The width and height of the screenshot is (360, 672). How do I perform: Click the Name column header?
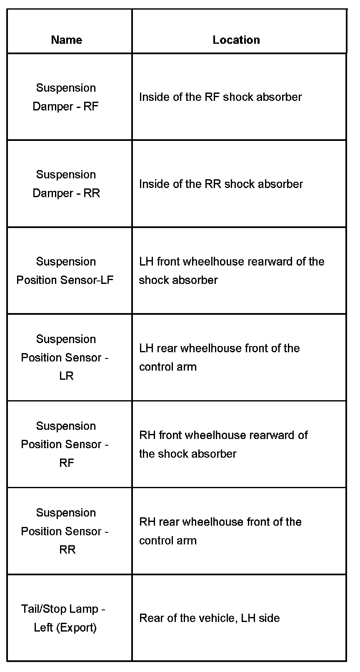(67, 40)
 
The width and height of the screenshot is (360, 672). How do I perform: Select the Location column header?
(236, 40)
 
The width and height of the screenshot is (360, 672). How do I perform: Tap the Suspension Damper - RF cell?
(66, 97)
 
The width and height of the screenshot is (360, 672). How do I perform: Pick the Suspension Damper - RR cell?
(66, 184)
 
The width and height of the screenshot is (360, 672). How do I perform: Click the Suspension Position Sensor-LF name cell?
(65, 271)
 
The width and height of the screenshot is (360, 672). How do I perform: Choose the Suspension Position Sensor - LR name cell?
(66, 357)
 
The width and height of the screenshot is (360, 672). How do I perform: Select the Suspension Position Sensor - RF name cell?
(66, 444)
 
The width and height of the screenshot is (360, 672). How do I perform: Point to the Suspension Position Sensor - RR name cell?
(66, 531)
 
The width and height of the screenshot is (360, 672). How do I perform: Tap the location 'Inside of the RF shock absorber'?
(220, 97)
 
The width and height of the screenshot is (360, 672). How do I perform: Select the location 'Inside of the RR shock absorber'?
(221, 184)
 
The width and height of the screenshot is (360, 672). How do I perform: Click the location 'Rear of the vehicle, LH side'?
(209, 618)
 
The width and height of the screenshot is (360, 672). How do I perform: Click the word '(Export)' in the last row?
(77, 627)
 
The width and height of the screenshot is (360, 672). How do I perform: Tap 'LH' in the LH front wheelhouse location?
(146, 262)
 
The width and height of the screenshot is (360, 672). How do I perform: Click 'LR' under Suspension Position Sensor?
(66, 376)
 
